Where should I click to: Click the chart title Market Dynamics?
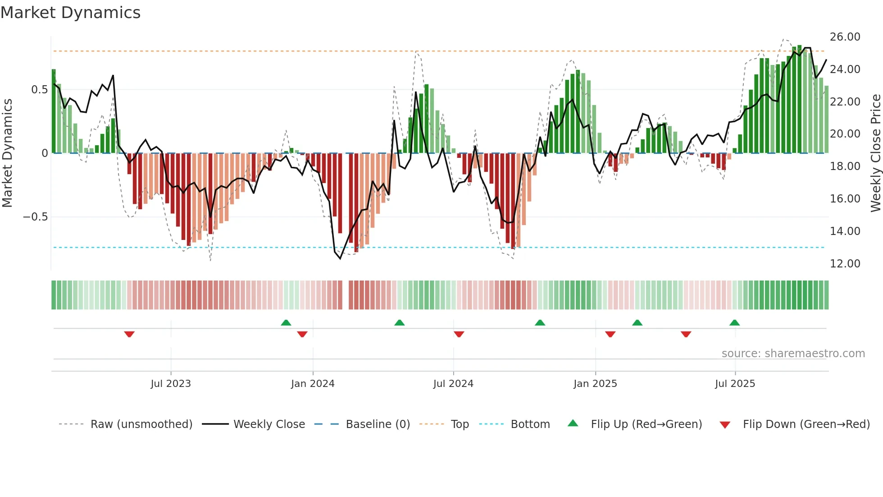click(x=70, y=13)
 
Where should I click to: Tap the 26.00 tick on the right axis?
click(x=845, y=37)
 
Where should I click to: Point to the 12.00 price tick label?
click(x=845, y=264)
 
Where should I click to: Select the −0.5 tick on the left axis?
click(x=35, y=217)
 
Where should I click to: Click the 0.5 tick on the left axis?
click(x=39, y=90)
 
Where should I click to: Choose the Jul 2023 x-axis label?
click(x=171, y=384)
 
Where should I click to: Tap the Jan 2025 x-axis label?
click(x=595, y=384)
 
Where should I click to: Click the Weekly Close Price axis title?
click(x=875, y=153)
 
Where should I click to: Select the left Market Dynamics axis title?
click(x=7, y=153)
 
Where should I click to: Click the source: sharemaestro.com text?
click(x=793, y=354)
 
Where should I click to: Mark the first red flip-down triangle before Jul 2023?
click(x=129, y=334)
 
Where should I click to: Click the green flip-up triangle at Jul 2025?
click(x=734, y=322)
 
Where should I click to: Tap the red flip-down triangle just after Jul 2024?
click(x=459, y=334)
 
